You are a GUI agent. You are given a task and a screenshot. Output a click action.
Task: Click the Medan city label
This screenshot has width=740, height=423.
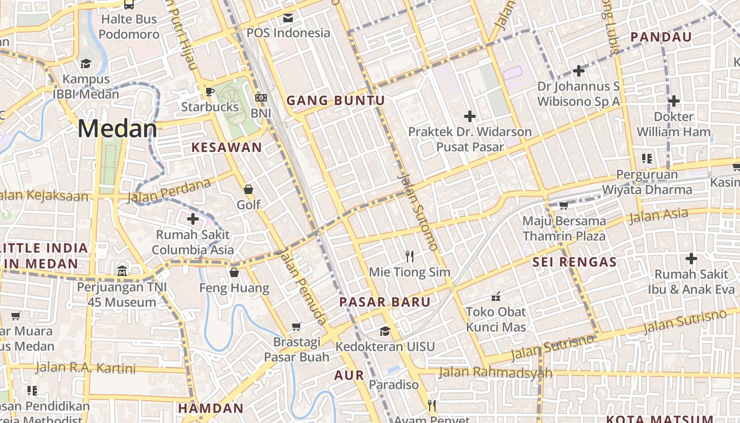pyautogui.click(x=117, y=129)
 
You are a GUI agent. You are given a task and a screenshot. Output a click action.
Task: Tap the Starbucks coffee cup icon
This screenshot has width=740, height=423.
pyautogui.click(x=210, y=91)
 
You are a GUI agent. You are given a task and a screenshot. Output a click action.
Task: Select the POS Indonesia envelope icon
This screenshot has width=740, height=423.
pyautogui.click(x=288, y=18)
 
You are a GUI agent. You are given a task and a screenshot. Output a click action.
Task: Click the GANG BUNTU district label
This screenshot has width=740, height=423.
pyautogui.click(x=336, y=100)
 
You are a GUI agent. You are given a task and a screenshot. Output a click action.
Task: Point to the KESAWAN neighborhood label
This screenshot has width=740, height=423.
pyautogui.click(x=227, y=148)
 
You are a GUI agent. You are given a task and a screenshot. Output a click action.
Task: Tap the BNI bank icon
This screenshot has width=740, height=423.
pyautogui.click(x=261, y=98)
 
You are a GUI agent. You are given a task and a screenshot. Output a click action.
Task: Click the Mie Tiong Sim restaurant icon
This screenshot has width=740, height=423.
pyautogui.click(x=410, y=256)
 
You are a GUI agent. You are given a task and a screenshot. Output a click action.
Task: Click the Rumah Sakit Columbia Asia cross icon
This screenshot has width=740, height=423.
pyautogui.click(x=193, y=218)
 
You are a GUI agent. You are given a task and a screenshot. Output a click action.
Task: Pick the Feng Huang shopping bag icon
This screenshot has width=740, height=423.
pyautogui.click(x=234, y=272)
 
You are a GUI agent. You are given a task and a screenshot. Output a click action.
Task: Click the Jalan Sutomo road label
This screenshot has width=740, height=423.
pyautogui.click(x=418, y=213)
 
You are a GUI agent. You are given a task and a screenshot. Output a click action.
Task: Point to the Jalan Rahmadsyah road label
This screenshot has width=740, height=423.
pyautogui.click(x=495, y=373)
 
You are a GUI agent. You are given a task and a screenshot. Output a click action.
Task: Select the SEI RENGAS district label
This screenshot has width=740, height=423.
pyautogui.click(x=575, y=262)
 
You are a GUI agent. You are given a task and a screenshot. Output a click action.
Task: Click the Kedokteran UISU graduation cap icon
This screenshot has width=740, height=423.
pyautogui.click(x=385, y=331)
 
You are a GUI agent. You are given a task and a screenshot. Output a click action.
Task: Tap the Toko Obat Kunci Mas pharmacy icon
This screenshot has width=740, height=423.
pyautogui.click(x=496, y=296)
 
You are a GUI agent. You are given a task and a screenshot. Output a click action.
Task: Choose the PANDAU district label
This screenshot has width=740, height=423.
pyautogui.click(x=661, y=37)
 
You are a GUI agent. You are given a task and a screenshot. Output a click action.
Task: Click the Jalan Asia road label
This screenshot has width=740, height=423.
pyautogui.click(x=659, y=216)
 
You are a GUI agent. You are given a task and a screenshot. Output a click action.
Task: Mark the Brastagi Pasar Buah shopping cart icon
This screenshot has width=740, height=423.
pyautogui.click(x=297, y=326)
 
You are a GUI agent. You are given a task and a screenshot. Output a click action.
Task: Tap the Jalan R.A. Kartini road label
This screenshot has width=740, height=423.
pyautogui.click(x=86, y=368)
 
